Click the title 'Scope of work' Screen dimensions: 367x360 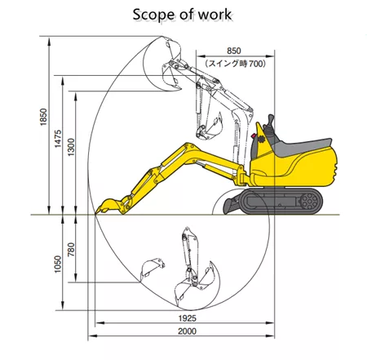tap(182, 15)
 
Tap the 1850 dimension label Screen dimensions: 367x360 tap(43, 117)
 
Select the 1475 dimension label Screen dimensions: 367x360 tap(58, 139)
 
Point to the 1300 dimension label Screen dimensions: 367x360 tap(71, 147)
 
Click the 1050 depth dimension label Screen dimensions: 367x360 tap(58, 264)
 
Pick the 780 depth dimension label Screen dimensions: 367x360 tap(71, 250)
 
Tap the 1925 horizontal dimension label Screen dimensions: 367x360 tap(188, 318)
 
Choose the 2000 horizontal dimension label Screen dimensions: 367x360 tap(188, 331)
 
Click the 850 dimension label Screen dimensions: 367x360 tap(234, 51)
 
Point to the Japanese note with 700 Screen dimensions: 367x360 tap(235, 64)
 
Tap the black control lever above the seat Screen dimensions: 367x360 tap(271, 124)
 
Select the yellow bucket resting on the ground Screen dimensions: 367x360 tap(109, 206)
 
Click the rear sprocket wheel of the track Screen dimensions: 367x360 tap(310, 202)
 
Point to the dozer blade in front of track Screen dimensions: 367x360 tap(231, 206)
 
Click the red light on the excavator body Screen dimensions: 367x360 tap(254, 136)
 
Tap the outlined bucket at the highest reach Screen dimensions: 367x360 tap(171, 48)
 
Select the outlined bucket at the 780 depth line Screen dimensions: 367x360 tap(152, 269)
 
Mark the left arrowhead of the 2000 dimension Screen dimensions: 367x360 tap(92, 336)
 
